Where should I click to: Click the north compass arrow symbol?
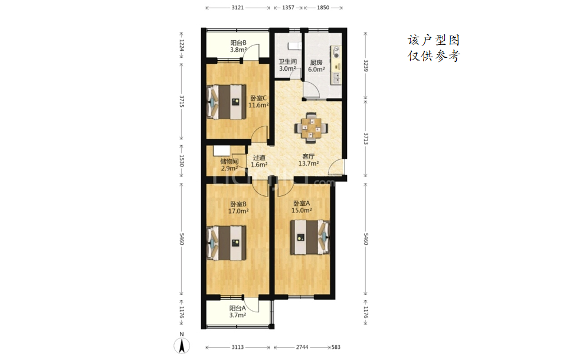pos(182,345)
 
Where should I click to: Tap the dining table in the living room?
pos(311,127)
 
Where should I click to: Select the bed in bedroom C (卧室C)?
pos(226,102)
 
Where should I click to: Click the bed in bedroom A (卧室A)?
pos(310,237)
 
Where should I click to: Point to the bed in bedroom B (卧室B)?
pos(226,243)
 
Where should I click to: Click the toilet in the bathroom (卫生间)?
pos(294,46)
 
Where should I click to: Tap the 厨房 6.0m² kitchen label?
pos(316,66)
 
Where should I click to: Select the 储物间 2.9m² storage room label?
pos(230,165)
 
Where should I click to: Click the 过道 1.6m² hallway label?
pos(259,161)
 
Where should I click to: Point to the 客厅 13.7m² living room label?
pos(309,160)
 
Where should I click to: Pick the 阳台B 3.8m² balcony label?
pos(238,46)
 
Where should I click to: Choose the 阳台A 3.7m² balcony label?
pos(237,312)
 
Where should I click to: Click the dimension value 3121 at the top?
pos(238,7)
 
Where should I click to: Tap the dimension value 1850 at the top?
pos(323,7)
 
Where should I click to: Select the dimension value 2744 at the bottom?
pos(302,347)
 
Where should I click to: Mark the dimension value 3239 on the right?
pos(366,66)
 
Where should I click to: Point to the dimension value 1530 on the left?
pos(182,161)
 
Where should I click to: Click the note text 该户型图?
pos(434,40)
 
